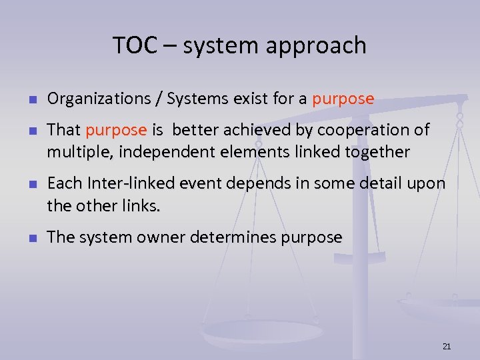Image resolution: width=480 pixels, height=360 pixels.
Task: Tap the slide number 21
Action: coord(447,346)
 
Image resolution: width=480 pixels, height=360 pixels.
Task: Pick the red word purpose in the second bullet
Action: coord(115,130)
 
